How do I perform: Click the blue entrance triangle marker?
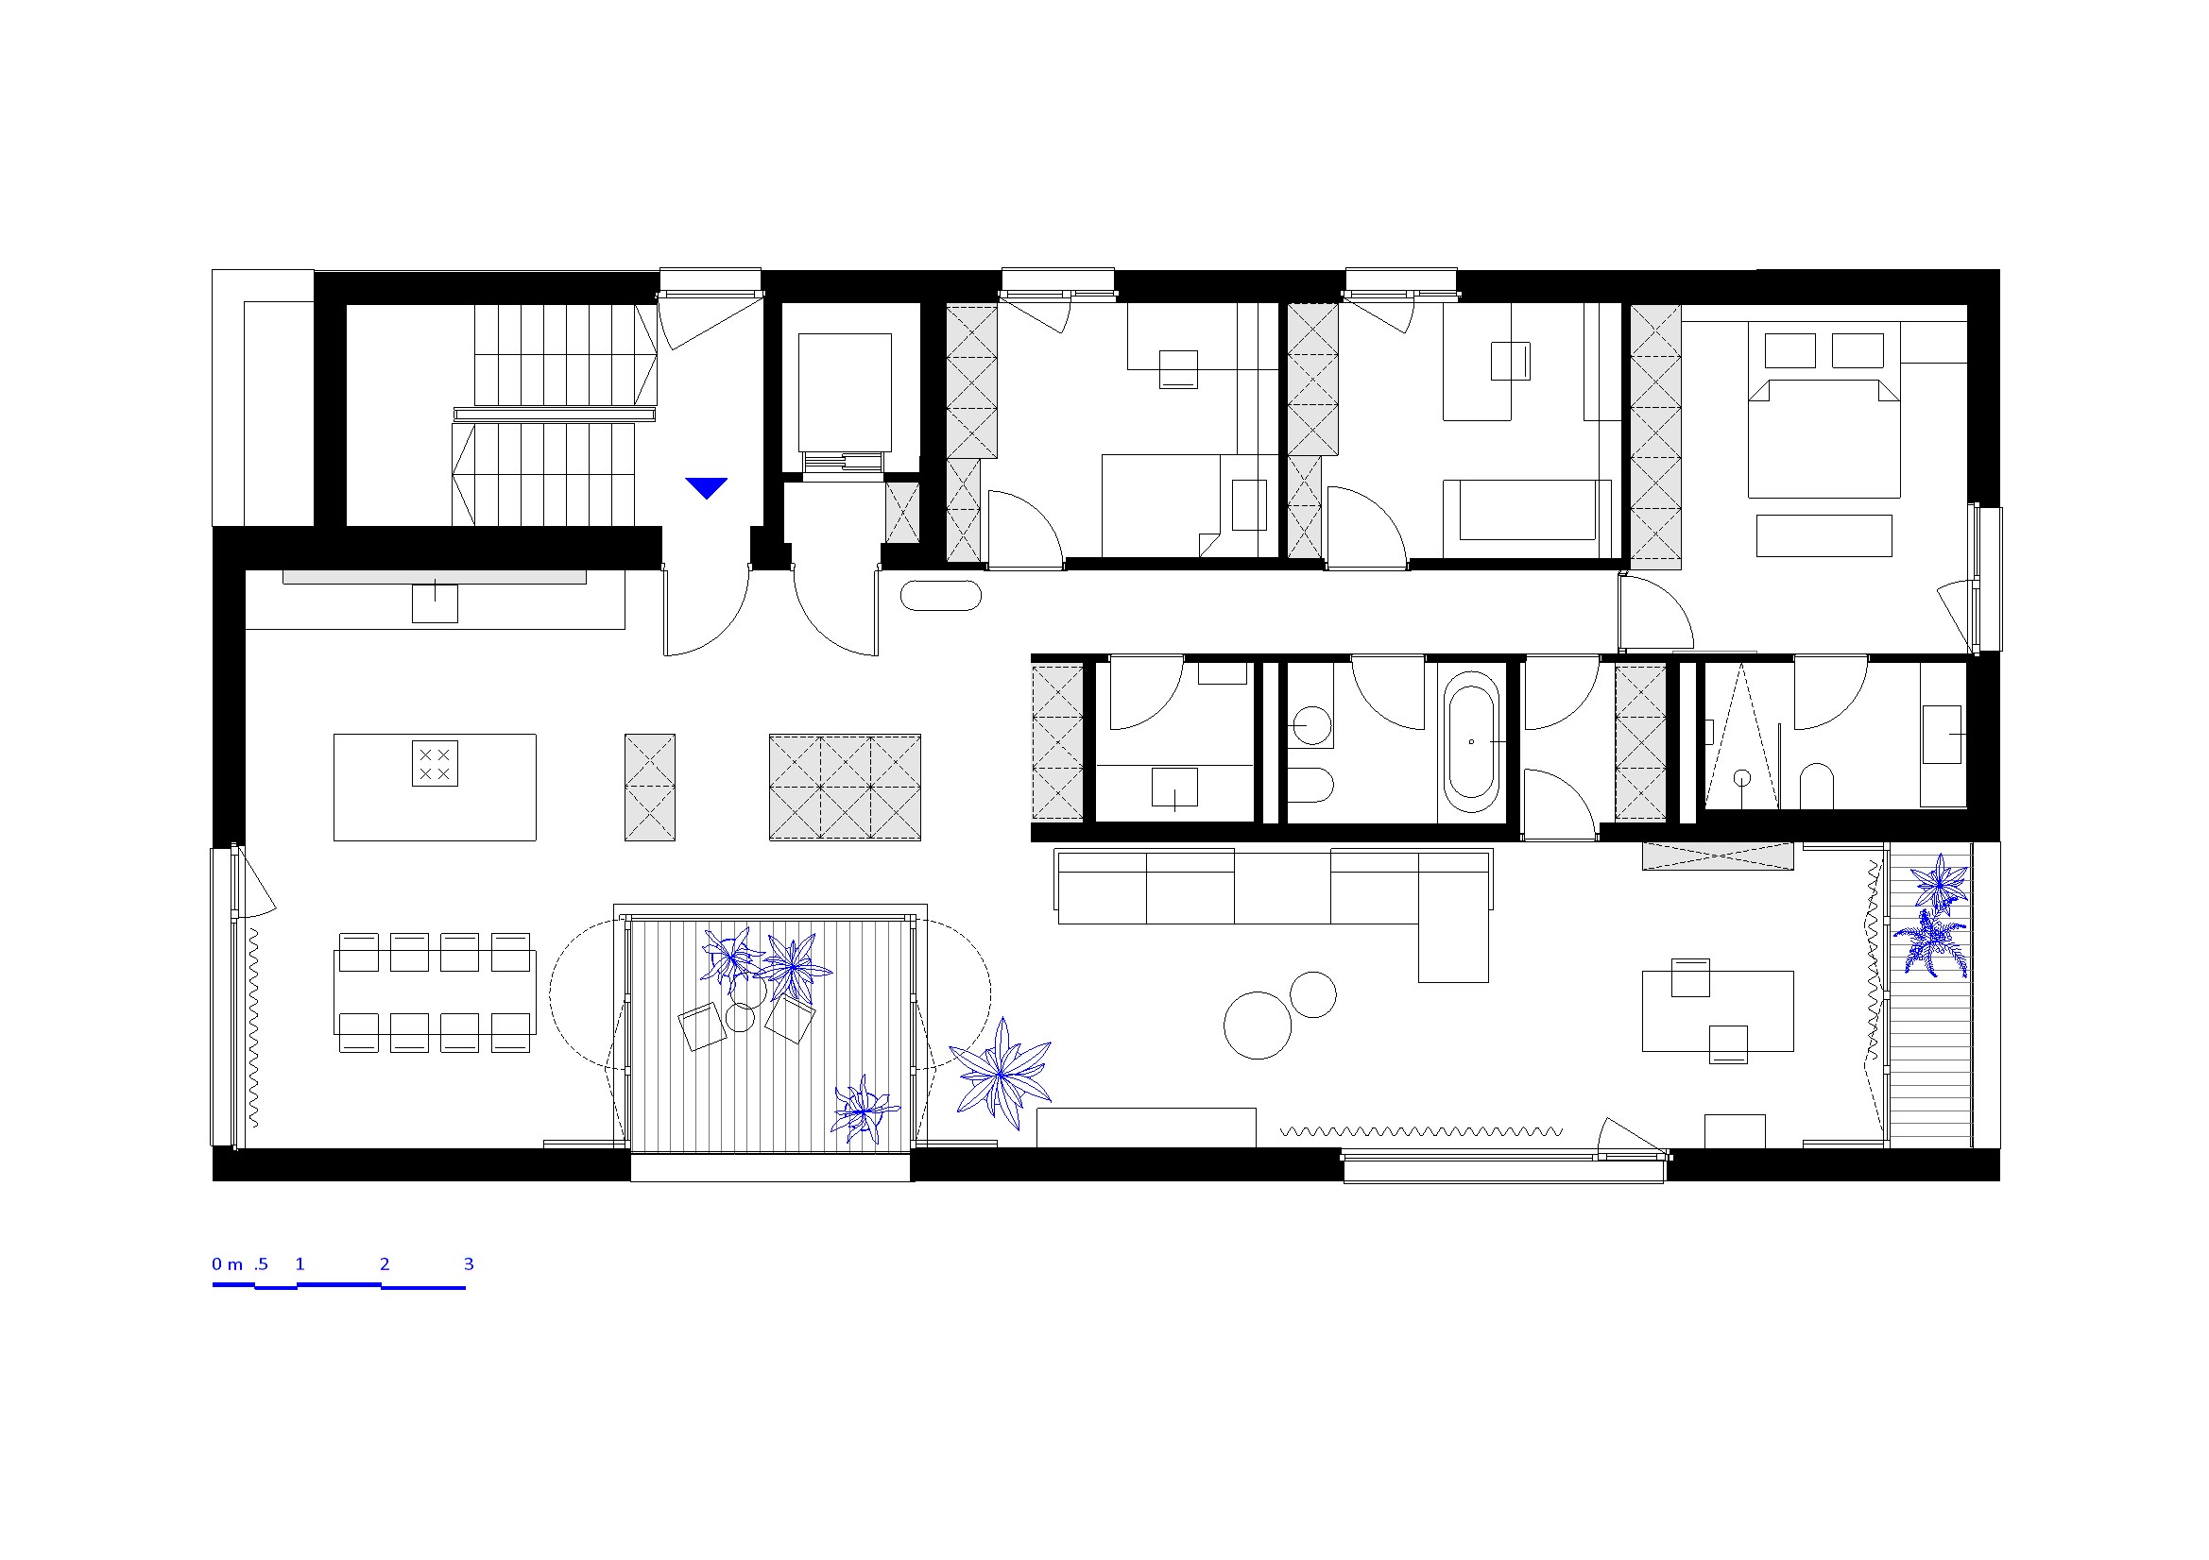point(706,487)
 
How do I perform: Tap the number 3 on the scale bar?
point(469,1263)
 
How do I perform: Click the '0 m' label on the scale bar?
point(227,1263)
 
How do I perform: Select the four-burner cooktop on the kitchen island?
point(435,764)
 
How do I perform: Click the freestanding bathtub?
point(1470,742)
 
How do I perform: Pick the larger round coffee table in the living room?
point(1258,1026)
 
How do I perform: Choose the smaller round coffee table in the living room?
point(1313,994)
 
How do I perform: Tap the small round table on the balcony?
point(740,1018)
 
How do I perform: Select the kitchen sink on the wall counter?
point(435,603)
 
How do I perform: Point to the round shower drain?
point(1742,777)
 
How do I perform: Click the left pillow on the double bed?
point(1789,350)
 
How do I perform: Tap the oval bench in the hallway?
point(941,595)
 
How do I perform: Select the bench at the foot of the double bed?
point(1824,535)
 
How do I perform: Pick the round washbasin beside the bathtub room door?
point(1311,725)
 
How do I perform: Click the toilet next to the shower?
point(1817,786)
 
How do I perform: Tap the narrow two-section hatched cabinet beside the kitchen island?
point(649,788)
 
